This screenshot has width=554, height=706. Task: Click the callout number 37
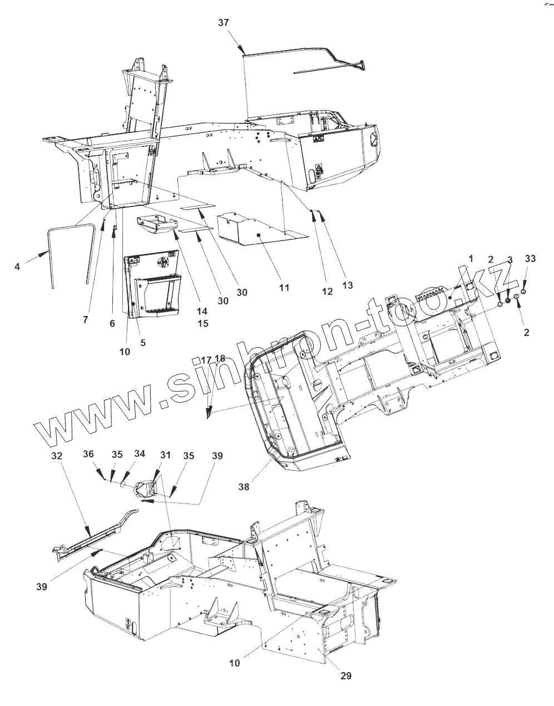[223, 22]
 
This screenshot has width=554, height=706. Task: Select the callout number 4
[17, 266]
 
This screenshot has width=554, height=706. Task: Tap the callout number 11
[284, 288]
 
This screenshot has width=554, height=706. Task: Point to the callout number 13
[347, 285]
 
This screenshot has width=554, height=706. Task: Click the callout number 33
[530, 259]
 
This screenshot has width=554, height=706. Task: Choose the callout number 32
[57, 455]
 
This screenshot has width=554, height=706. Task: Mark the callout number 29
[345, 676]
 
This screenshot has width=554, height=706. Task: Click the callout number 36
[88, 454]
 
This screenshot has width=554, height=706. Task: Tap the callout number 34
[139, 454]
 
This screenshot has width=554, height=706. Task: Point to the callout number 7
[85, 319]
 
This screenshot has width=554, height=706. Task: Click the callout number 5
[143, 343]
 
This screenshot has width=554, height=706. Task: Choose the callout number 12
[327, 291]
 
